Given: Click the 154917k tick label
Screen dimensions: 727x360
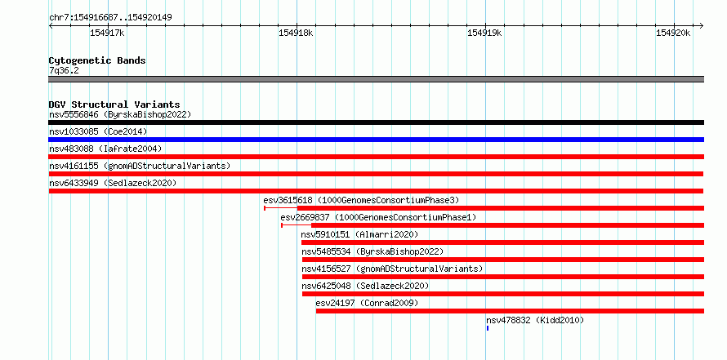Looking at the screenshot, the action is point(107,33).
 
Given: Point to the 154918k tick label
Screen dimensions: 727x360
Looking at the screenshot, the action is point(296,33).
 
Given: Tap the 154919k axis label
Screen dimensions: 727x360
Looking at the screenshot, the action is point(484,33).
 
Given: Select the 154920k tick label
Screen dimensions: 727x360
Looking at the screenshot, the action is point(673,33).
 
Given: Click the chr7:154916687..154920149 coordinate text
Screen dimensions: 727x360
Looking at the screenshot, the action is point(111,18).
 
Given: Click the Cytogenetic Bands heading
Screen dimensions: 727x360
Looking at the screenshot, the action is point(97,60).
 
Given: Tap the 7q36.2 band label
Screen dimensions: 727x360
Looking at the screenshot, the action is point(64,71).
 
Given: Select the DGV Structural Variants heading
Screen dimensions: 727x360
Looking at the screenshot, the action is point(114,104).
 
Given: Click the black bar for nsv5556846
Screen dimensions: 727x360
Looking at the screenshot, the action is point(376,122).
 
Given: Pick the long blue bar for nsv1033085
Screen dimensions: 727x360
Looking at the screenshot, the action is point(376,140).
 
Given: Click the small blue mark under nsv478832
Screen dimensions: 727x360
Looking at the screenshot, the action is point(488,328).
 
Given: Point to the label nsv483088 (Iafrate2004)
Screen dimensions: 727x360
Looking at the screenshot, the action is point(105,149).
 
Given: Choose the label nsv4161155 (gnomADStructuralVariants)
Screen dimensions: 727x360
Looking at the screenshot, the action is point(140,166).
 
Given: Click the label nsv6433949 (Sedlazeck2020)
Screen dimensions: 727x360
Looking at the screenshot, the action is point(113,183).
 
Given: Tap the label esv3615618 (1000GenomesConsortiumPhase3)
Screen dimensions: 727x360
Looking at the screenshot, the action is point(361,200).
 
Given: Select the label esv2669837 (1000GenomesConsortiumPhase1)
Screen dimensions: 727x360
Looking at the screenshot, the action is point(378,217).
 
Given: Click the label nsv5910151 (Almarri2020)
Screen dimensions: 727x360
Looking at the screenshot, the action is point(359,234).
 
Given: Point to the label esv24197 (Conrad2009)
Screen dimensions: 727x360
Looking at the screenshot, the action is point(368,303).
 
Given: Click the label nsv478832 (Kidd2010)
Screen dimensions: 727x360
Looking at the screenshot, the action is point(535,320).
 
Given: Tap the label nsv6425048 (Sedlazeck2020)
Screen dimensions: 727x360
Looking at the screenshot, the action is point(365,286).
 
